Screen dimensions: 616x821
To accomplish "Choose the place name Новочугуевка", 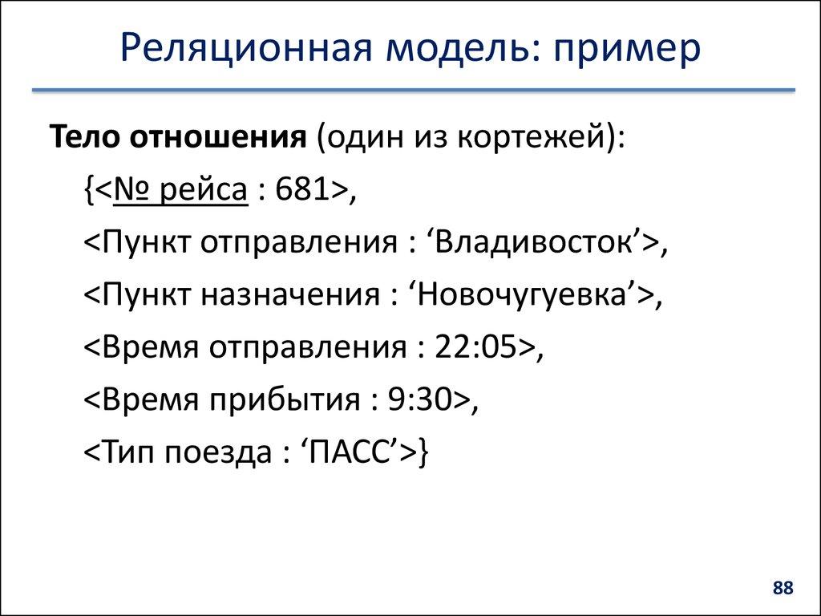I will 524,295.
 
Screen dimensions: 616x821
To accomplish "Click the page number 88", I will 782,588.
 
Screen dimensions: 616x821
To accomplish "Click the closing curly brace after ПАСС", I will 424,452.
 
